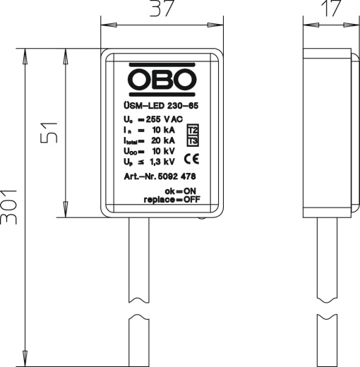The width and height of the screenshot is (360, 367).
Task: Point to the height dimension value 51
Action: click(48, 131)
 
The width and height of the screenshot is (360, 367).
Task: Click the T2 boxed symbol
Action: click(193, 130)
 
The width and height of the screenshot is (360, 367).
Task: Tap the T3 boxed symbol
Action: click(193, 141)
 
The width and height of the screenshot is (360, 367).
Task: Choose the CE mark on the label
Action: click(193, 158)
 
